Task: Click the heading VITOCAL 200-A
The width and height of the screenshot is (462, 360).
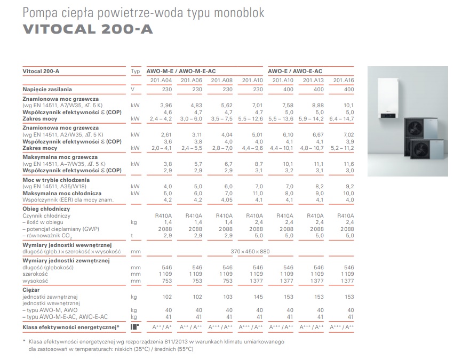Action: pyautogui.click(x=88, y=29)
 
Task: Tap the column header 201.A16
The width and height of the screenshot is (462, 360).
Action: pyautogui.click(x=344, y=80)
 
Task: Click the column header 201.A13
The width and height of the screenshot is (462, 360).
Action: pyautogui.click(x=313, y=80)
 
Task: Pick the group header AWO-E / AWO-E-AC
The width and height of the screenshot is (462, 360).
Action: pyautogui.click(x=294, y=71)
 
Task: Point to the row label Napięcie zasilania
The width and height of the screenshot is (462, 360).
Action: pyautogui.click(x=47, y=90)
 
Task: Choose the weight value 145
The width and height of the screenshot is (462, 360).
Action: pyautogui.click(x=258, y=297)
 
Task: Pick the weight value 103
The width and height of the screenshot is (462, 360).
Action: pyautogui.click(x=227, y=297)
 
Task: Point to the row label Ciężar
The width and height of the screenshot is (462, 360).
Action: pyautogui.click(x=30, y=290)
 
